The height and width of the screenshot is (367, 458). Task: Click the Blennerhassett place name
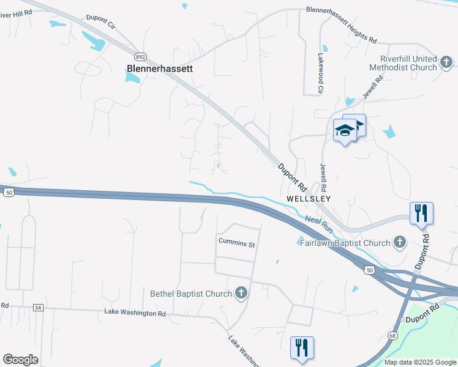[x=159, y=69]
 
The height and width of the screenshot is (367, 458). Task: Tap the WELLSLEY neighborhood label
[x=309, y=199]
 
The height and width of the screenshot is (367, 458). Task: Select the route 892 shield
[x=141, y=56]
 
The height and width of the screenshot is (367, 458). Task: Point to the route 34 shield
[x=38, y=308]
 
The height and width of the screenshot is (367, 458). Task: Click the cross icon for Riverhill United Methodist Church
[x=446, y=62]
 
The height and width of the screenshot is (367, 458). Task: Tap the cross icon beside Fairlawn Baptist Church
[x=399, y=242]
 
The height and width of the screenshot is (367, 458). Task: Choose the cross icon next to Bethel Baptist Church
[x=241, y=293]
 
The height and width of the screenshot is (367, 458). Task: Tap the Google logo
[x=20, y=359]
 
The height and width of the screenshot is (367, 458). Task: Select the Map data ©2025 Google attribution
[x=420, y=362]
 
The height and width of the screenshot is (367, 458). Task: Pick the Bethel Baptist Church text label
[x=191, y=294]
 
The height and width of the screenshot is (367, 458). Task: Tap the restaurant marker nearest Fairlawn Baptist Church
[x=421, y=213]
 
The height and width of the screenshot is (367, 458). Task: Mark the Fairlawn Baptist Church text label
[x=345, y=243]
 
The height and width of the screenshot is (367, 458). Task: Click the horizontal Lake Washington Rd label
[x=135, y=313]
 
